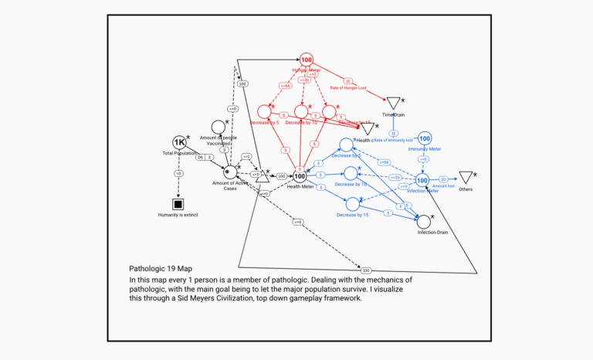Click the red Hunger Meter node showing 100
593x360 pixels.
click(307, 60)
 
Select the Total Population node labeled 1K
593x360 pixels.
click(180, 143)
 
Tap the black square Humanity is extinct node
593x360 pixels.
click(179, 204)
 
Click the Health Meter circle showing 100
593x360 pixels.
click(300, 177)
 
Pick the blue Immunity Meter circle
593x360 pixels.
click(424, 138)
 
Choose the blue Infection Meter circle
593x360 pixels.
click(422, 180)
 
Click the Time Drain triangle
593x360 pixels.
click(393, 104)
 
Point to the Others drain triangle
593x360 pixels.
click(466, 178)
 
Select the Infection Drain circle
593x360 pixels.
click(423, 222)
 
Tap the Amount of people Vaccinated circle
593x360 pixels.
click(219, 127)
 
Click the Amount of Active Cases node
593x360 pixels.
click(227, 172)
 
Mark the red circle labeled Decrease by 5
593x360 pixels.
click(264, 112)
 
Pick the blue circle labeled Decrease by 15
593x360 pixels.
click(352, 204)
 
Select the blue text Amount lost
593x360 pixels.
click(443, 186)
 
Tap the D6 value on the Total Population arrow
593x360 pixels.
click(199, 158)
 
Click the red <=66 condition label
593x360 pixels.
click(286, 86)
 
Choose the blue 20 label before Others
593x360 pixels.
click(443, 179)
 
